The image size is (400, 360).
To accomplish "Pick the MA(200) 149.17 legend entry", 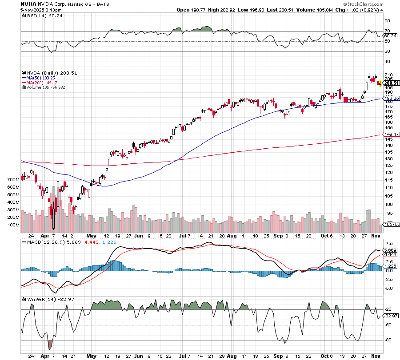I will click(x=43, y=82).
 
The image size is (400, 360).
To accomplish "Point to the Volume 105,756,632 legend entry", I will click(x=46, y=87).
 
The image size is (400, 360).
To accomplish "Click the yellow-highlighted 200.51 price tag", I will click(x=392, y=83).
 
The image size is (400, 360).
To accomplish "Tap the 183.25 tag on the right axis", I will click(x=391, y=98).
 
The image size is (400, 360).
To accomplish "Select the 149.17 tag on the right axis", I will click(x=391, y=135).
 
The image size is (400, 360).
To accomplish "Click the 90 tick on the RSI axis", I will click(x=387, y=20).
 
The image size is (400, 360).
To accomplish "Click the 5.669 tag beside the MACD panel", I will click(x=391, y=250).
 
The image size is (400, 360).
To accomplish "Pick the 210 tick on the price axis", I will click(x=388, y=75).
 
